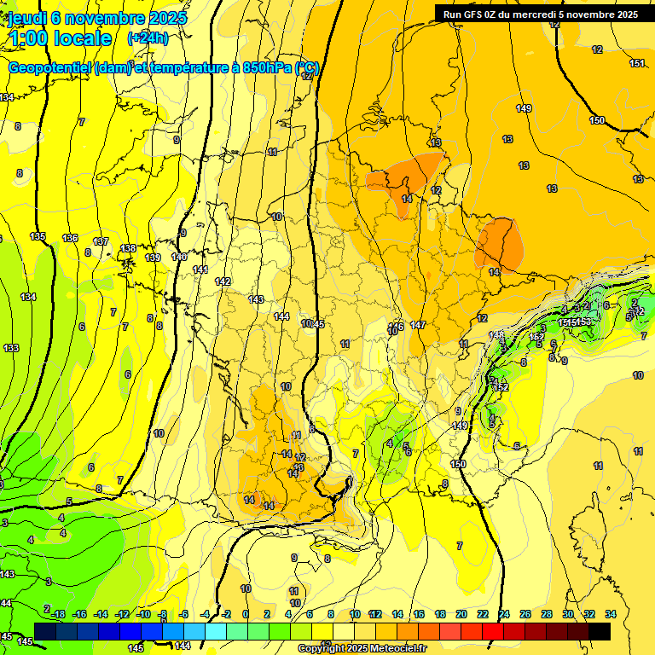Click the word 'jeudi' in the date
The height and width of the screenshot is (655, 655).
[27, 17]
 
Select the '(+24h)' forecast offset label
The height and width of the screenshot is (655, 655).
[148, 38]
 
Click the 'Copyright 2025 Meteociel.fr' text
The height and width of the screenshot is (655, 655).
[362, 649]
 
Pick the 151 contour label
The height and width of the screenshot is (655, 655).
[636, 63]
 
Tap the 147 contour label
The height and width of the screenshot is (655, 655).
[418, 325]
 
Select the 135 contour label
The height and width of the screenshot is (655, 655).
[38, 236]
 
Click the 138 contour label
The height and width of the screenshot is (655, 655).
[128, 248]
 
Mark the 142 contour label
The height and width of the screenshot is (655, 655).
[223, 281]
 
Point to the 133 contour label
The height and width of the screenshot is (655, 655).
[11, 348]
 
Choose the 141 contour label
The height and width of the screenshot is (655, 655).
[200, 270]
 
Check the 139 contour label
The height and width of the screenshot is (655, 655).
[154, 258]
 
